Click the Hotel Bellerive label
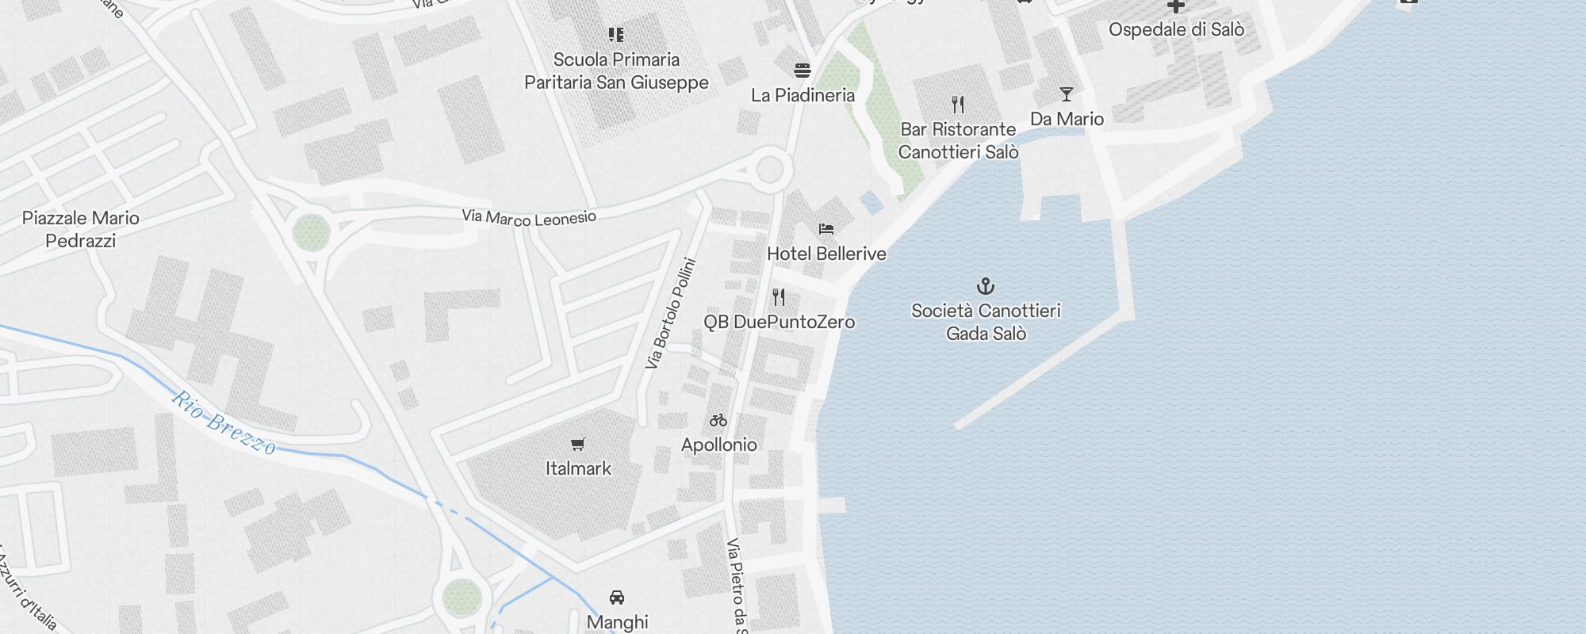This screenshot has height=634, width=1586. pos(826,254)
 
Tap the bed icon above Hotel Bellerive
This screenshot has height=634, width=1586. pos(826,229)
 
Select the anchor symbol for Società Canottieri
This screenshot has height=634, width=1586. pos(986,285)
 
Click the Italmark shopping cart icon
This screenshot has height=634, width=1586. pos(578,445)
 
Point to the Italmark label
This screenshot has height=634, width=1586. pos(578,468)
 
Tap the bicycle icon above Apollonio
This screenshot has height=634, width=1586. pos(718,420)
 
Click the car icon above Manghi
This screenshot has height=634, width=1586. pos(617,598)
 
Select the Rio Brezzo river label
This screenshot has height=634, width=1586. pos(224,424)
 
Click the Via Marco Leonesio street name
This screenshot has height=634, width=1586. pos(529,216)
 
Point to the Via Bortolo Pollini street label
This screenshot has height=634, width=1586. pos(671,313)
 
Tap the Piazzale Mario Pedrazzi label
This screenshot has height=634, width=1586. pos(81,229)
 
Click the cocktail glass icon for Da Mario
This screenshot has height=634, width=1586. pos(1067,95)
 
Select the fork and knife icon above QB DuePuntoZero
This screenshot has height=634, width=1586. pos(779,297)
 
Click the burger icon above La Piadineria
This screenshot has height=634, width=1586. pos(803,71)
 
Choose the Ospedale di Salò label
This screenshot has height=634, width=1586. pos(1176,29)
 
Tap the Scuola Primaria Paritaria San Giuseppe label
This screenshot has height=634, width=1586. pos(616,71)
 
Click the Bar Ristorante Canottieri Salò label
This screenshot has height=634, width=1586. pos(958,140)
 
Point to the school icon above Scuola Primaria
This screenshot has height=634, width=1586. pos(616,35)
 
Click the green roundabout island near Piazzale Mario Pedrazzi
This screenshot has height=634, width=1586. pos(311,232)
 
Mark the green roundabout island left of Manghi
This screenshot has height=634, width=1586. pos(462,597)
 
